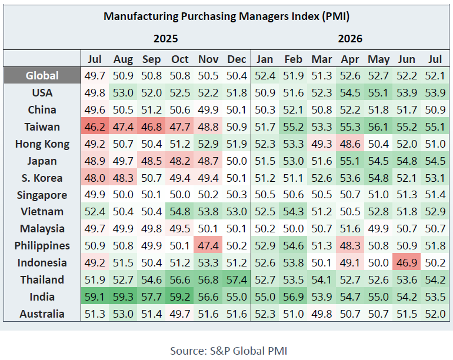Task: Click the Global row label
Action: (42, 76)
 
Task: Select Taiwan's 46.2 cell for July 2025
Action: (95, 127)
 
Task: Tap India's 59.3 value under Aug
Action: (123, 296)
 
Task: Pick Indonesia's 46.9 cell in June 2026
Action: (407, 262)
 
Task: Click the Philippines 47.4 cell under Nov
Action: (208, 245)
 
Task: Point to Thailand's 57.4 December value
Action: (237, 279)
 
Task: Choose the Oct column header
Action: (179, 59)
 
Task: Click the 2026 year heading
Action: (350, 39)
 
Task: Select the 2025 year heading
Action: (165, 39)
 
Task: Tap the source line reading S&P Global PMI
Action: (228, 351)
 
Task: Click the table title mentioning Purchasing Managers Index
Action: (226, 16)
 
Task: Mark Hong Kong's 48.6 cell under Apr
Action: (350, 144)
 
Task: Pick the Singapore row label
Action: (42, 195)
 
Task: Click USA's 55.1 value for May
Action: (378, 93)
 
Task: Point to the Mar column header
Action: (322, 59)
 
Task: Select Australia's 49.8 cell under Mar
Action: (322, 314)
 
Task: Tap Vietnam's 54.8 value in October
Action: (179, 212)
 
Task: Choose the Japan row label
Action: (42, 161)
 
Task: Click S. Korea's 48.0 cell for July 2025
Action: (95, 178)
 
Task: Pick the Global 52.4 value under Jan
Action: (265, 76)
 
